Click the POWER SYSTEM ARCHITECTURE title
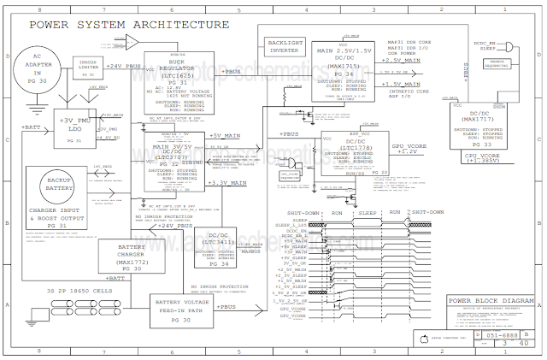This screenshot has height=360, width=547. coord(129,25)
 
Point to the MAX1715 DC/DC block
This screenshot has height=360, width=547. coord(341,62)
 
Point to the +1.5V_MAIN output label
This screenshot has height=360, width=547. coord(402,85)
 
